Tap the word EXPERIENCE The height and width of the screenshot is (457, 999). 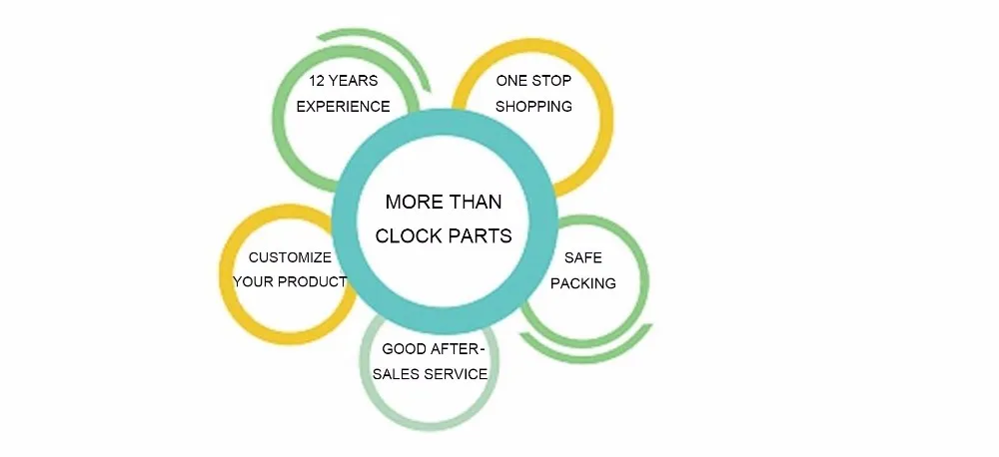pos(343,106)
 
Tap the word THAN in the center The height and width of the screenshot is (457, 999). pos(474,202)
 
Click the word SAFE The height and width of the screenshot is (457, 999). pos(582,257)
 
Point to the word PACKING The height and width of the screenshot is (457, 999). pos(582,282)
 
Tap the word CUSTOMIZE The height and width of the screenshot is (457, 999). pos(290,256)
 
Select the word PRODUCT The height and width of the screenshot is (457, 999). pos(314,281)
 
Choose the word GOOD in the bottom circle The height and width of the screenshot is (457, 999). pos(405,349)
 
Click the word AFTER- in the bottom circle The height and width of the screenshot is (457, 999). pos(460,349)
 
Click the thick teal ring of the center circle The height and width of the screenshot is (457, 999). pos(345,220)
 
